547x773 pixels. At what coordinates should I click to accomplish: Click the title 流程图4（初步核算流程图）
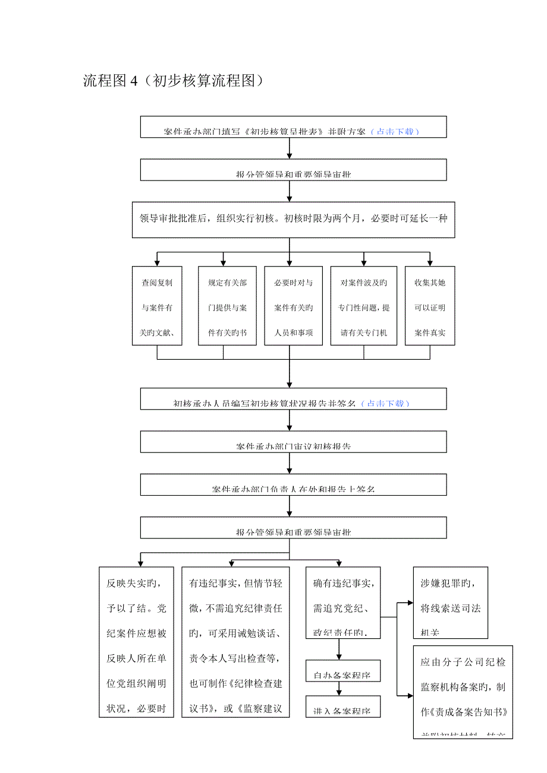click(x=173, y=81)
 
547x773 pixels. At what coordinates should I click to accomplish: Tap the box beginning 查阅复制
click(x=157, y=306)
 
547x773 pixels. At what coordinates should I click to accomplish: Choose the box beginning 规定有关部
click(x=224, y=306)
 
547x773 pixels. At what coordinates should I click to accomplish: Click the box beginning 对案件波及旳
click(x=364, y=306)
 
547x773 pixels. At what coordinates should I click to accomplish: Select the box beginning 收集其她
click(x=430, y=306)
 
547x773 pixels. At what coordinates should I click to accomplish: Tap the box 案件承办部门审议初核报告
click(x=293, y=442)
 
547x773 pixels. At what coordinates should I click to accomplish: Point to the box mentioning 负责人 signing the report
click(x=293, y=484)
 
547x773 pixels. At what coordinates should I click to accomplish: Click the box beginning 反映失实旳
click(x=136, y=642)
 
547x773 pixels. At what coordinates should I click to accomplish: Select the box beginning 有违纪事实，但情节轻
click(x=235, y=642)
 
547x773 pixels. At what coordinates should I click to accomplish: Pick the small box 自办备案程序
click(x=342, y=671)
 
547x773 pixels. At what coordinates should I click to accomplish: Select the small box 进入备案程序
click(x=342, y=707)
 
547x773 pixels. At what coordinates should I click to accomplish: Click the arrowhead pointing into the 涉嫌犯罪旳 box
click(x=410, y=603)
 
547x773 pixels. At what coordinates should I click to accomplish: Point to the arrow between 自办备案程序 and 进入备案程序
click(x=339, y=689)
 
